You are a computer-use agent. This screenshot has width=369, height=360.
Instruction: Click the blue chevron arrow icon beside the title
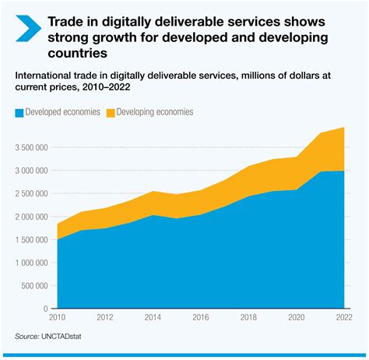click(x=25, y=29)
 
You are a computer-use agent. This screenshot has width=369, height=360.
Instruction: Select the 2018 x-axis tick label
click(x=248, y=318)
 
